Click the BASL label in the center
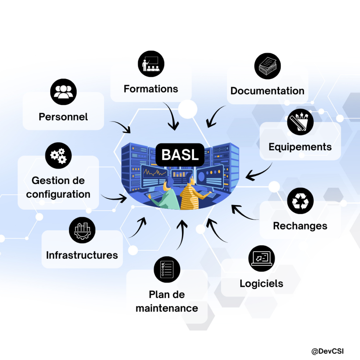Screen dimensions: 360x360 pyautogui.click(x=180, y=155)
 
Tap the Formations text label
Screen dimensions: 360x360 pyautogui.click(x=151, y=89)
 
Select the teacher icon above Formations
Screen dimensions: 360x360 pyautogui.click(x=151, y=64)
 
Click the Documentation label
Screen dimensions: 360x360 pyautogui.click(x=267, y=91)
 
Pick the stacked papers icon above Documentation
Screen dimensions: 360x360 pyautogui.click(x=267, y=66)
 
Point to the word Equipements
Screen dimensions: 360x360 pyautogui.click(x=300, y=147)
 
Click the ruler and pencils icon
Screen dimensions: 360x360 pyautogui.click(x=300, y=122)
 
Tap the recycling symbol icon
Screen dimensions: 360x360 pyautogui.click(x=300, y=201)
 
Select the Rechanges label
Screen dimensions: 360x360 pyautogui.click(x=300, y=226)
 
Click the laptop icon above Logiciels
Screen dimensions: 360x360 pyautogui.click(x=262, y=258)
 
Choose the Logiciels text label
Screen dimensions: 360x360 pyautogui.click(x=262, y=283)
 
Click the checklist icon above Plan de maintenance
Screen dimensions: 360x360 pyautogui.click(x=167, y=269)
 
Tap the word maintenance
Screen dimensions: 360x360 pyautogui.click(x=167, y=308)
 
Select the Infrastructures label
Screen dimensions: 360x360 pyautogui.click(x=82, y=255)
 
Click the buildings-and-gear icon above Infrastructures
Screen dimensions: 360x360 pyautogui.click(x=82, y=230)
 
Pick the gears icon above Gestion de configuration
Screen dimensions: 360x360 pyautogui.click(x=58, y=156)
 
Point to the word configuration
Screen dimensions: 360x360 pyautogui.click(x=58, y=194)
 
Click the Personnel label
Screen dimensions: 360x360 pyautogui.click(x=63, y=117)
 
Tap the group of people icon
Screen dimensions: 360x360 pyautogui.click(x=63, y=92)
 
